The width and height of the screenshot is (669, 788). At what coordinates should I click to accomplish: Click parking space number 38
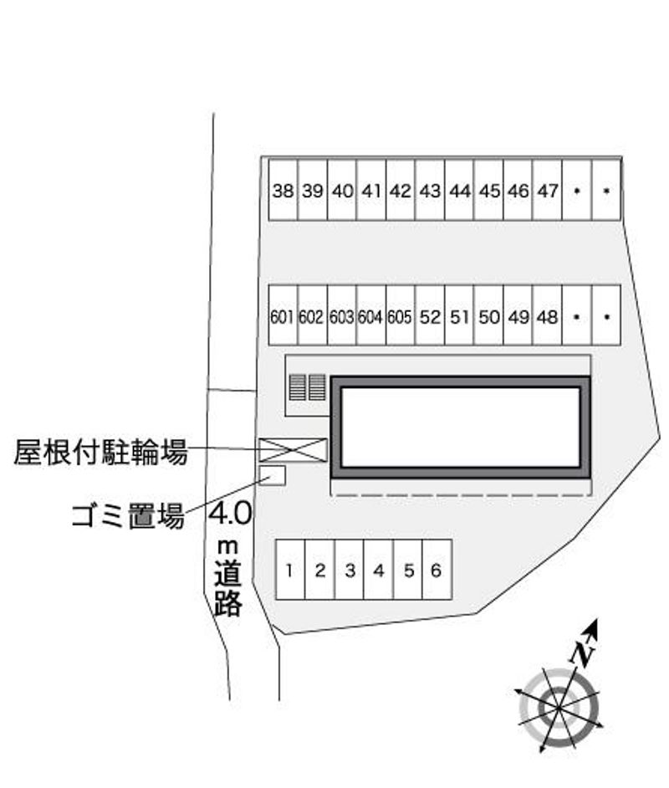283,190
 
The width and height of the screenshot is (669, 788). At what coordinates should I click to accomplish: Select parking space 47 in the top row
547,190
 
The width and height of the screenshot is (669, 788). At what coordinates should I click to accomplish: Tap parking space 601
283,315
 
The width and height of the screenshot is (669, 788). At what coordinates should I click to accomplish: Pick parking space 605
401,315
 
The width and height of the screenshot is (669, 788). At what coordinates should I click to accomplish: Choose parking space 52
430,315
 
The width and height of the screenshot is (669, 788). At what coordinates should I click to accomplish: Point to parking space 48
547,315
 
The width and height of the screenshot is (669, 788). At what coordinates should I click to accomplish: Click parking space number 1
290,570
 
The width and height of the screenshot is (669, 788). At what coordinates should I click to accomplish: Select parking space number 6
437,570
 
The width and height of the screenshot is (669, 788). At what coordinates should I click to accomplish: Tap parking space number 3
349,570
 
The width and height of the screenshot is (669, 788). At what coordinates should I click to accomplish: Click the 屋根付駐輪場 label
100,452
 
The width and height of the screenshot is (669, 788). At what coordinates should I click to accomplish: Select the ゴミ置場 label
128,516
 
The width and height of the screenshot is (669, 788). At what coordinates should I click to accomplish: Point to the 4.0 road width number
230,514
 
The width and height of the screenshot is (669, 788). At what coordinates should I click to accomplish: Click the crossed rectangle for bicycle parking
293,450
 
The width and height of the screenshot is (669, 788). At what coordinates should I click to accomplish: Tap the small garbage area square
273,475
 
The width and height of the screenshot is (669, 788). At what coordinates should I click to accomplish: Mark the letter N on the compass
582,653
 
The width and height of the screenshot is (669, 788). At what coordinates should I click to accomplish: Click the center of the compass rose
559,708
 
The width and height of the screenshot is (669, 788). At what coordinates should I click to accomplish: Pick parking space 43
430,190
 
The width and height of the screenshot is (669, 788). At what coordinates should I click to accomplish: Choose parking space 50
488,315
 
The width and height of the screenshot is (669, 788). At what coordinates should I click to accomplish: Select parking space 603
341,315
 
